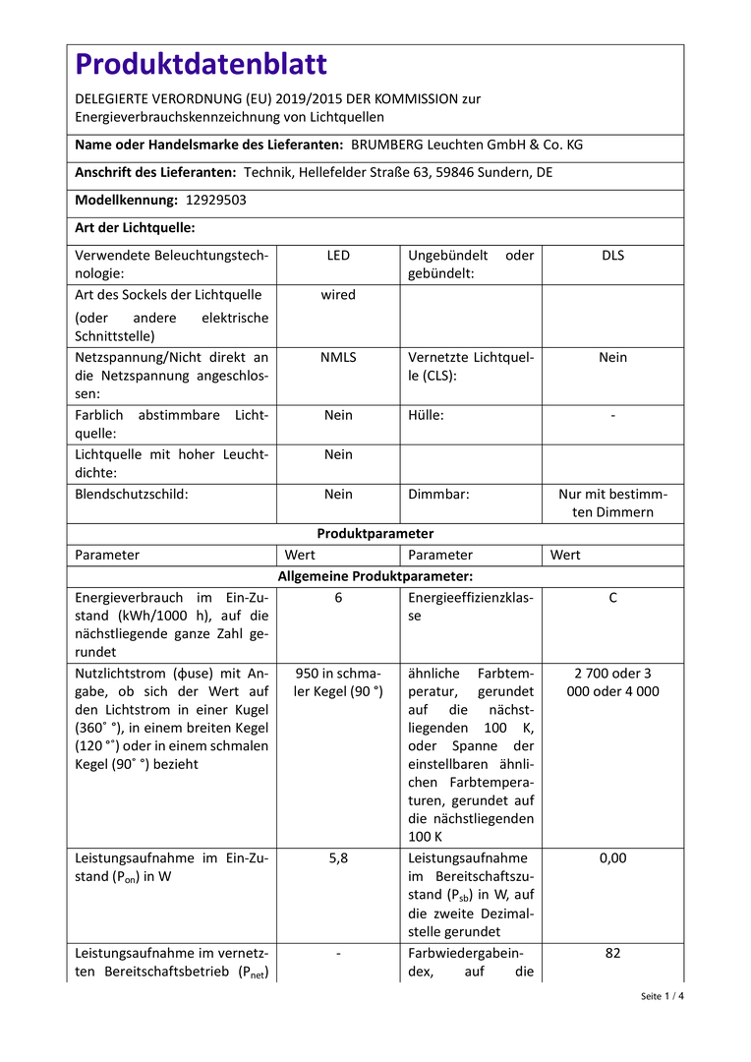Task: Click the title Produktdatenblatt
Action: click(x=202, y=65)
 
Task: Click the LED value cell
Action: click(x=338, y=256)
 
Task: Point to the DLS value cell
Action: click(x=612, y=256)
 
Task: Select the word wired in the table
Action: click(x=338, y=295)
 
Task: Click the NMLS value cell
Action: click(x=338, y=358)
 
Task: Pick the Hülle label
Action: click(x=426, y=416)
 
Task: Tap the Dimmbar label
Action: click(x=438, y=495)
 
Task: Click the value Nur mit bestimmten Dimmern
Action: click(x=612, y=503)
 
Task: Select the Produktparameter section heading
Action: click(x=375, y=534)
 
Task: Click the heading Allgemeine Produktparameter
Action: click(x=375, y=576)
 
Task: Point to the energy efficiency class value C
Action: click(x=612, y=598)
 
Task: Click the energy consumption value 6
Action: click(x=338, y=598)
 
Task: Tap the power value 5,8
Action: click(x=338, y=858)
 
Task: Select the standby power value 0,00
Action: click(x=612, y=858)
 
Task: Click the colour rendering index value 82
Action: click(x=612, y=953)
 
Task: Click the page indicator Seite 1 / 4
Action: click(x=662, y=996)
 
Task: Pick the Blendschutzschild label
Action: click(x=132, y=495)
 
